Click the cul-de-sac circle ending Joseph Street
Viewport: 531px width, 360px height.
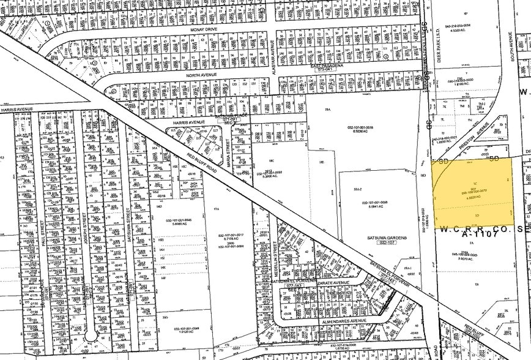pos(91,336)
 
